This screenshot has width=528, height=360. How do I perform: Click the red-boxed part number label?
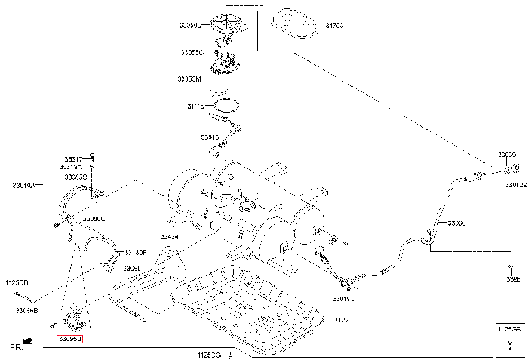click(x=69, y=340)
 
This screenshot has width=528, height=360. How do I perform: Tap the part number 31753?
click(x=334, y=25)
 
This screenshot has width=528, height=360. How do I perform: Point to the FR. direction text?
click(x=16, y=348)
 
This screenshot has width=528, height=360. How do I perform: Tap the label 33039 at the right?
click(x=506, y=155)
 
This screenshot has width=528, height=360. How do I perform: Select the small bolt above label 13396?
click(x=510, y=267)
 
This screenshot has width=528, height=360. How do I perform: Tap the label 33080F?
click(x=136, y=252)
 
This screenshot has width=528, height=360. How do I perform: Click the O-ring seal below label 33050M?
click(x=226, y=103)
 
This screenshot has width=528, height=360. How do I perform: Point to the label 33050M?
click(x=189, y=78)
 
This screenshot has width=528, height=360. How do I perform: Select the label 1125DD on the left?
click(x=16, y=282)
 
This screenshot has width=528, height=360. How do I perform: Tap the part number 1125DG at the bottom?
click(x=209, y=353)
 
